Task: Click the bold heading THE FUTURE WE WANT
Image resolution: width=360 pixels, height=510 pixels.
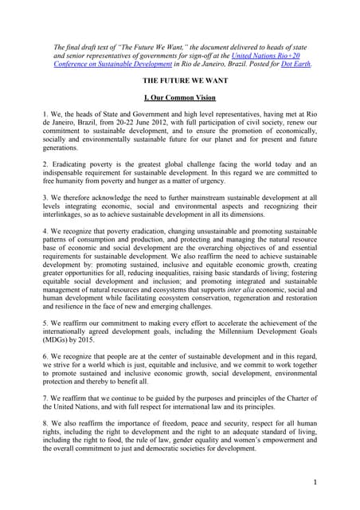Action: [x=181, y=82]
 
